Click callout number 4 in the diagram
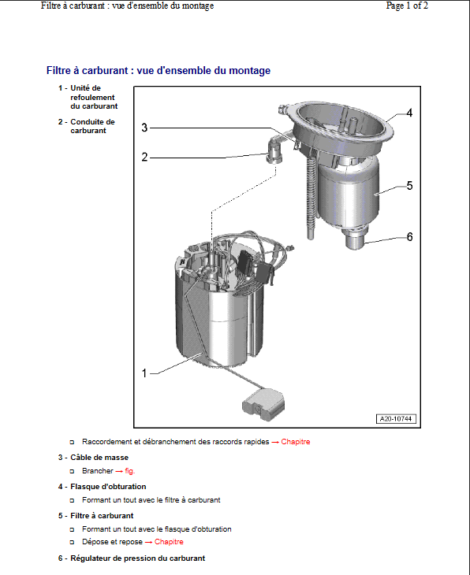[409, 113]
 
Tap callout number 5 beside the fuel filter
[410, 186]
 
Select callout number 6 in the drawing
[410, 237]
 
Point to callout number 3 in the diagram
[144, 128]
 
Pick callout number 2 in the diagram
[144, 157]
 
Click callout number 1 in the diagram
[144, 373]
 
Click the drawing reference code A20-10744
[396, 419]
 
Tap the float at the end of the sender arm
[263, 405]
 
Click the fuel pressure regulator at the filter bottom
[356, 239]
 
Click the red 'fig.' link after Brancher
[130, 471]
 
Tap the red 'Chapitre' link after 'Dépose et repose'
[169, 542]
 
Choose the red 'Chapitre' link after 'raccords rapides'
[296, 442]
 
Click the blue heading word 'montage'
[250, 70]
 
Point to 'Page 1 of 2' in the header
[407, 6]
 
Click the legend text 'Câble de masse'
[99, 458]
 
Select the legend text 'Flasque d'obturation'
[108, 487]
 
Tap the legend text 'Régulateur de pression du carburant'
[138, 558]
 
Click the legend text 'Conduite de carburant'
[92, 126]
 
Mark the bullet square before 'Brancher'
[73, 471]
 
